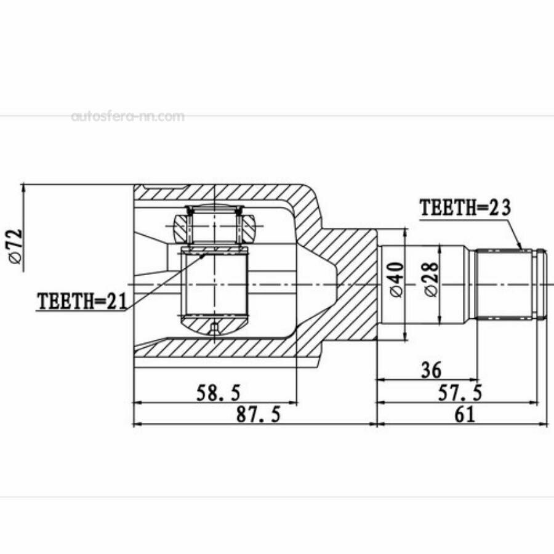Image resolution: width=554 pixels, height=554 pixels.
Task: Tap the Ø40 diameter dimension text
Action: coord(396,279)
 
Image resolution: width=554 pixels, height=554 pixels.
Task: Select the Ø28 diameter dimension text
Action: coord(432,279)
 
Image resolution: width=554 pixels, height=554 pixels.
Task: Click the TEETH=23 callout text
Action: coord(465,207)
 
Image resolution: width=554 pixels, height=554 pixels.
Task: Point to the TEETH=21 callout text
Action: coord(82,301)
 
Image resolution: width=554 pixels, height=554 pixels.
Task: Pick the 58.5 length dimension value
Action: coord(218,393)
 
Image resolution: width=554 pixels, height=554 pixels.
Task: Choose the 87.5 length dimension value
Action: coord(259,414)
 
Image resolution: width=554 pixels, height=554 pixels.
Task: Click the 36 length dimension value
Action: coord(432,369)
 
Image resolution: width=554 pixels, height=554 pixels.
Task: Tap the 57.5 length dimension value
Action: coord(460,393)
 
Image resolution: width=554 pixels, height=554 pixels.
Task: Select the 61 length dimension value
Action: coord(465,414)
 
